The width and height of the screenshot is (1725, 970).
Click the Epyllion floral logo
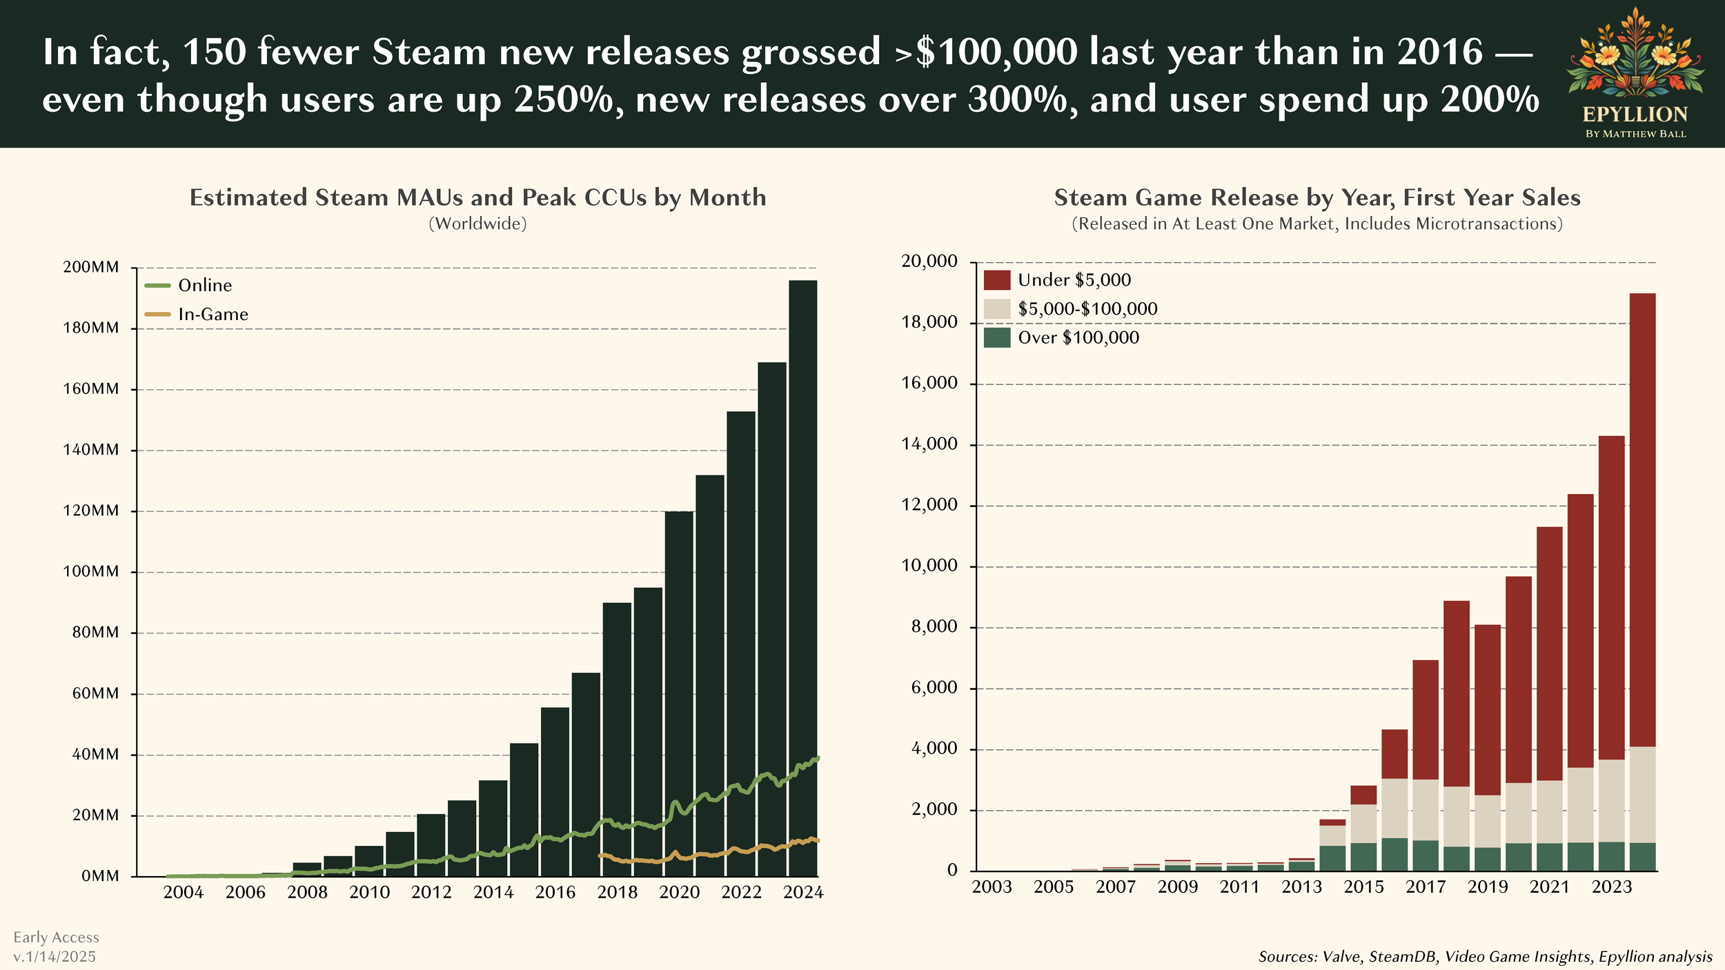click(1635, 55)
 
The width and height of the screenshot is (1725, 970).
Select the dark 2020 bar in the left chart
click(679, 690)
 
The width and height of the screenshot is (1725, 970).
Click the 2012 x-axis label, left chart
click(431, 892)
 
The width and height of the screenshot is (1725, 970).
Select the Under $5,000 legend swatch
click(996, 279)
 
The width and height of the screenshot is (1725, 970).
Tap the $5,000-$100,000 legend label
click(1087, 308)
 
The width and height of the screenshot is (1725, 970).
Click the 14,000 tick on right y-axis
click(929, 444)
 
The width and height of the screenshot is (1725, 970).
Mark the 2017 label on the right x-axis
click(1426, 887)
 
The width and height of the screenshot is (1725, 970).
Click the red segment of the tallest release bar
click(1642, 517)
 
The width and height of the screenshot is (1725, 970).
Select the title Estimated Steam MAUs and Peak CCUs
click(477, 197)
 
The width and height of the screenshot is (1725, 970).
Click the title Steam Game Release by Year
click(1317, 197)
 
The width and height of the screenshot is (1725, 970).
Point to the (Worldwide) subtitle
click(477, 224)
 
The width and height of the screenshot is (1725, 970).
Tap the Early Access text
click(56, 937)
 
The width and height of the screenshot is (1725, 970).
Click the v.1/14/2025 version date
click(55, 956)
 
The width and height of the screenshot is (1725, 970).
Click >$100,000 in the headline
click(986, 52)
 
